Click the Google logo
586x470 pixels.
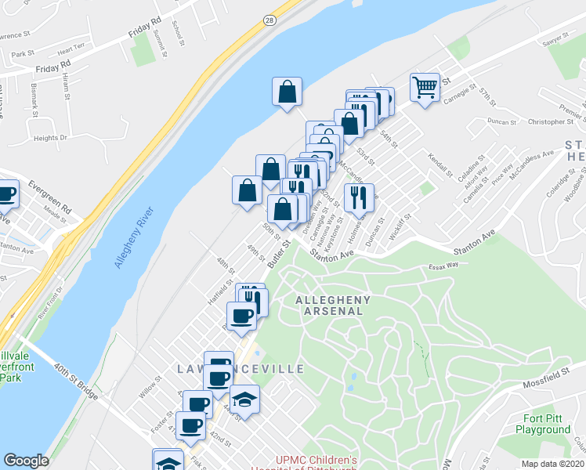point(26,461)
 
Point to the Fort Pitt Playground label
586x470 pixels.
point(543,424)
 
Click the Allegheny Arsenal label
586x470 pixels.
point(329,305)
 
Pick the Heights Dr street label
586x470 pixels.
point(51,138)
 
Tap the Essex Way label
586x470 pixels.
point(443,266)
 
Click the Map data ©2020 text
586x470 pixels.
point(553,464)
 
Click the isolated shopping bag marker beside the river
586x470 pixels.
point(288,91)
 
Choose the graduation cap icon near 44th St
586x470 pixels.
point(244,399)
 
